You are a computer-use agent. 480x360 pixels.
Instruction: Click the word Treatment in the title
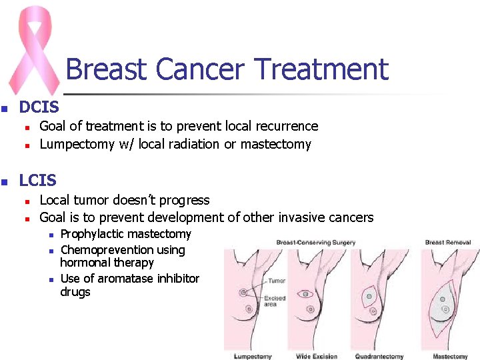click(321, 69)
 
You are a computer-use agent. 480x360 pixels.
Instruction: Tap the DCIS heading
click(39, 107)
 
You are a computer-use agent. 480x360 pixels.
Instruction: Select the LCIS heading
click(38, 180)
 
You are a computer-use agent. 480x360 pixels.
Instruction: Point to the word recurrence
click(285, 126)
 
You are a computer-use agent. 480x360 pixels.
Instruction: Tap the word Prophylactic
click(92, 234)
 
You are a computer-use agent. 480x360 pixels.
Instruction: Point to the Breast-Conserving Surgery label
click(315, 242)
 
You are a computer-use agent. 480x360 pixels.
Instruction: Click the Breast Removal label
click(447, 242)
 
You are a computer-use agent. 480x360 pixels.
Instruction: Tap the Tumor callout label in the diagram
click(276, 281)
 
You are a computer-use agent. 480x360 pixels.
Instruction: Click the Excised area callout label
click(275, 301)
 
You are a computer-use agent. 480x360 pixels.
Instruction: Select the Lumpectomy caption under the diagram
click(253, 357)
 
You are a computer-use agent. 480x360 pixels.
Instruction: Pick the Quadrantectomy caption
click(379, 357)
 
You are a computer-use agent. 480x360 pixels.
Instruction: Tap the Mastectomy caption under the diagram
click(450, 357)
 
